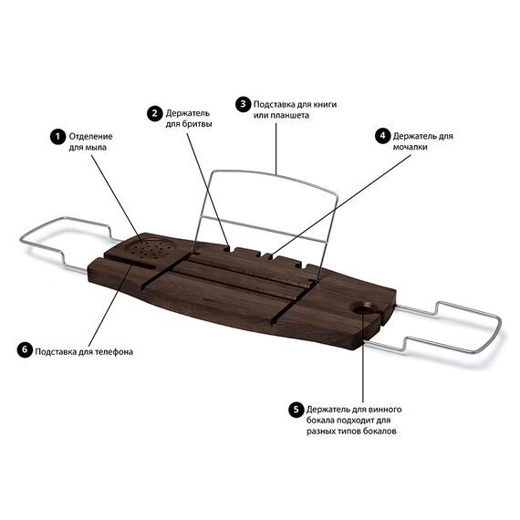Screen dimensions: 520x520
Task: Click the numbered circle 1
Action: coord(58,137)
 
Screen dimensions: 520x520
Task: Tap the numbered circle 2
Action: coord(155,114)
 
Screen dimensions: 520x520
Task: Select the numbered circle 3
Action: coord(243,104)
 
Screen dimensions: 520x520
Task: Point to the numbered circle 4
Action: coord(383,136)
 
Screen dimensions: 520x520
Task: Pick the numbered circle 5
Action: coord(296,410)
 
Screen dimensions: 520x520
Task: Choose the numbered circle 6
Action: coord(25,349)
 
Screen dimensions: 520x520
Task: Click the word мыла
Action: coord(97,148)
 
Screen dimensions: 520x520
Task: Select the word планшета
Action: coord(289,116)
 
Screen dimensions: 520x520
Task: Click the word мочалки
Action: coord(410,147)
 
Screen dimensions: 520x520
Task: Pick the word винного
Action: coord(384,410)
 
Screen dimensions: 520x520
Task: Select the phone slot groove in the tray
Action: coord(131,263)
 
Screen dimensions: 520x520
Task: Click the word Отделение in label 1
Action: coord(90,137)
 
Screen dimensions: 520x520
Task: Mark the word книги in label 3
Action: coord(325,105)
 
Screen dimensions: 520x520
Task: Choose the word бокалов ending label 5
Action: coord(380,432)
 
